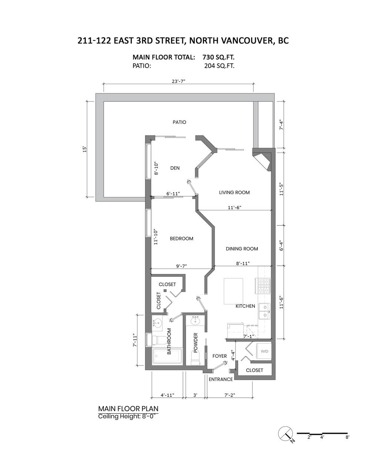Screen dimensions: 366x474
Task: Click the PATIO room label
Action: coord(179,122)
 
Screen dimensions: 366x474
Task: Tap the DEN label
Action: coord(175,168)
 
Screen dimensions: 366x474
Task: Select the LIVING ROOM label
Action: coord(234,193)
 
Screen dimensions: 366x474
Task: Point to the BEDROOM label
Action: coord(182,238)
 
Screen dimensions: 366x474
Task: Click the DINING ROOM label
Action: coord(242,249)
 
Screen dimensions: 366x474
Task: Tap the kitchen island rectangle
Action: coord(233,291)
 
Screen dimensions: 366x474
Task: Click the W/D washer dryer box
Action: coord(264,351)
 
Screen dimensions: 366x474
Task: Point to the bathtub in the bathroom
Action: coord(167,356)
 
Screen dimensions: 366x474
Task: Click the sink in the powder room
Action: coord(195,321)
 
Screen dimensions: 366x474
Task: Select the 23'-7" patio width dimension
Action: coord(179,81)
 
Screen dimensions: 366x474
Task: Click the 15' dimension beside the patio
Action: coord(84,149)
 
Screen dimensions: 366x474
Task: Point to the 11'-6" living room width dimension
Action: coord(234,207)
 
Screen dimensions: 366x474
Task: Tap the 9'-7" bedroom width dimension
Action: coord(182,266)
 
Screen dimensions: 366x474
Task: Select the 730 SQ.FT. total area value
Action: coord(219,57)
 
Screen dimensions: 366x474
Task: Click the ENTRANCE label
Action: coord(221,379)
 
